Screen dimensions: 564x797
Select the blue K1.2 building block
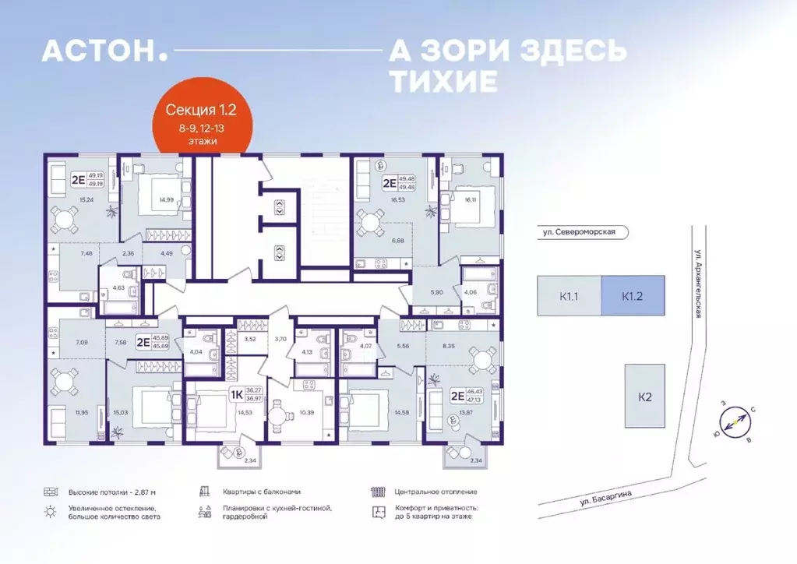point(632,296)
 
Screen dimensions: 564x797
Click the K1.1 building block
point(569,296)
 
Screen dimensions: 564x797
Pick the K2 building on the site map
point(644,397)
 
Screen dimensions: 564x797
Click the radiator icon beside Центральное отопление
point(379,492)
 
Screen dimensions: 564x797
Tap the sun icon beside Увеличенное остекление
point(51,511)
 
